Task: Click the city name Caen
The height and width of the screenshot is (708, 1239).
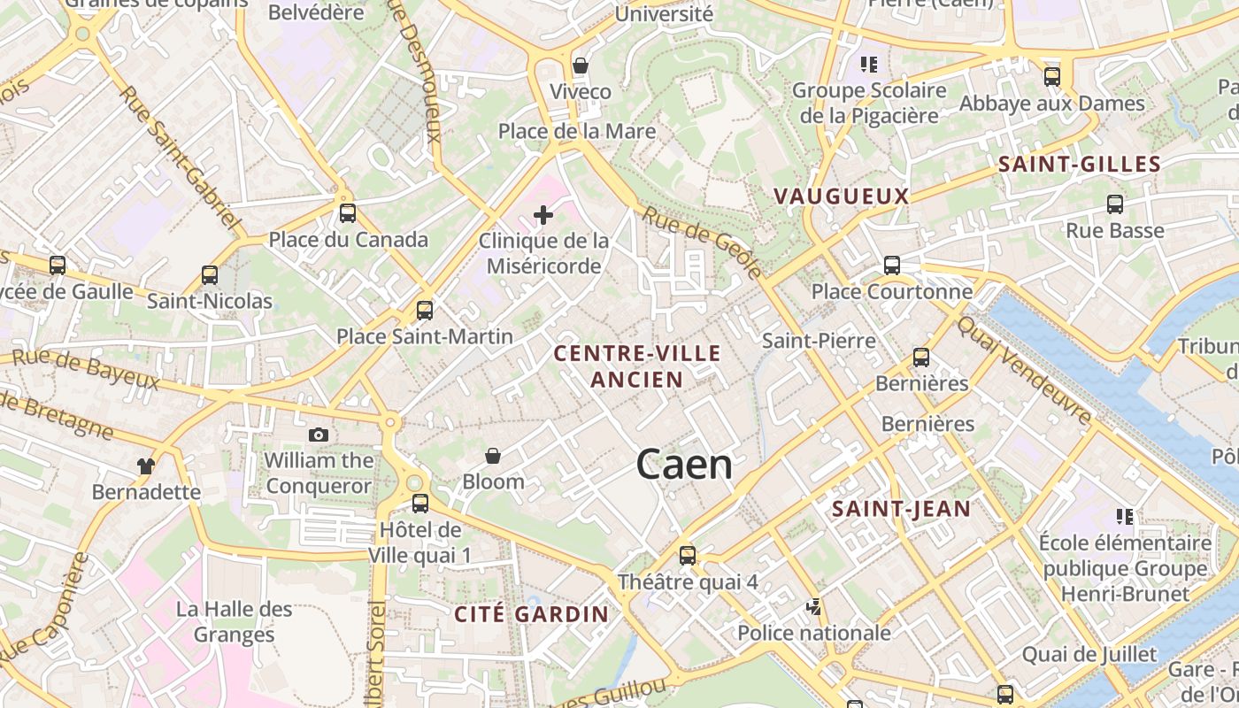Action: coord(684,465)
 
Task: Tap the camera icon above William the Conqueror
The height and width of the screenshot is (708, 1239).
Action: coord(319,435)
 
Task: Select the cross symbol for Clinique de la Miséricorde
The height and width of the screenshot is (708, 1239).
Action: coord(543,215)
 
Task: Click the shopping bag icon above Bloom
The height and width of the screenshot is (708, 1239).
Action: coord(493,456)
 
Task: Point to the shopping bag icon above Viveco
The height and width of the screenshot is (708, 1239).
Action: coord(581,65)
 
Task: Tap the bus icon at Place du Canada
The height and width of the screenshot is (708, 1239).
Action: coord(348,212)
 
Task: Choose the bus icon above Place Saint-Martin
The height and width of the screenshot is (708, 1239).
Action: coord(425,310)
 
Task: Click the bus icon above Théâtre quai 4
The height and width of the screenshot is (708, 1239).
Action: coord(688,556)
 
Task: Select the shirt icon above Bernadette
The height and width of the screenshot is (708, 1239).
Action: coord(146,466)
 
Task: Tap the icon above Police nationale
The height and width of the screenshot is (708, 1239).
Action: coord(814,607)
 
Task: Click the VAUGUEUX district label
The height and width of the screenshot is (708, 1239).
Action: coord(842,196)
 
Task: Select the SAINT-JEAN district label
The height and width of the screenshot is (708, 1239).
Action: coord(902,509)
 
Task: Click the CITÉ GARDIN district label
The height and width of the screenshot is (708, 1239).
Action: coord(532,614)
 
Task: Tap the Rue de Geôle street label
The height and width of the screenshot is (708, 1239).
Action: coord(702,242)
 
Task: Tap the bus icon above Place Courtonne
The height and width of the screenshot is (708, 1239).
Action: coord(892,265)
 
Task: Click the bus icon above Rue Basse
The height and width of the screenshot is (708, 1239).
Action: coord(1115,204)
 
